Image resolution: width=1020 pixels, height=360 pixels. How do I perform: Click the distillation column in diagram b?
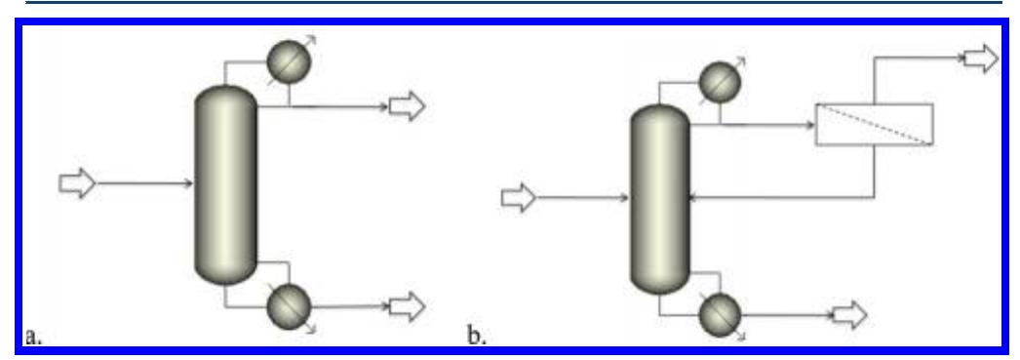tap(660, 200)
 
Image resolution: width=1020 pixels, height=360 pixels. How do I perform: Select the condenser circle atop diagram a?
tap(289, 61)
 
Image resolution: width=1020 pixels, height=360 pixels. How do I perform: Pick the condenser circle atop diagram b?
tap(720, 79)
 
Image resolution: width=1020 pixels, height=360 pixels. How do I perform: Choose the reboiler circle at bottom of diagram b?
tap(720, 315)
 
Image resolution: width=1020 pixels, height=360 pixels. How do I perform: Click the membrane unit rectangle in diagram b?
tap(874, 125)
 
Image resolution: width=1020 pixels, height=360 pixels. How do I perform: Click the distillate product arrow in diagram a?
tap(407, 106)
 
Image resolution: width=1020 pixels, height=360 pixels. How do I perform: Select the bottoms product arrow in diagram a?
tap(407, 303)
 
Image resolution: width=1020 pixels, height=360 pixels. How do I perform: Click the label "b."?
tap(478, 337)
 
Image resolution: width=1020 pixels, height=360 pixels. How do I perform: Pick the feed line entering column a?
tap(146, 182)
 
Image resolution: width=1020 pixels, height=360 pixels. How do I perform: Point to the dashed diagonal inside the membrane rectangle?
tap(874, 126)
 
